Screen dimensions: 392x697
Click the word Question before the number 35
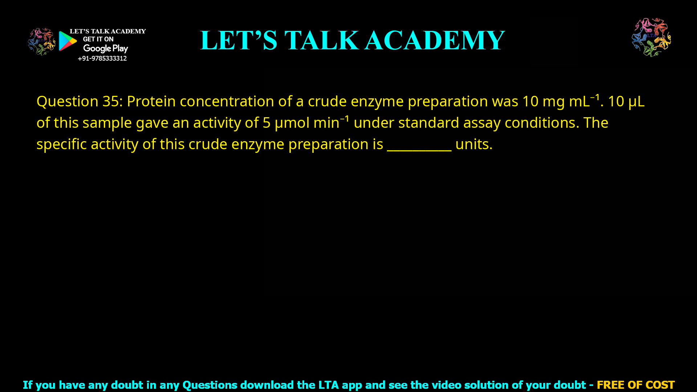[67, 101]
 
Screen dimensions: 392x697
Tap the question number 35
[111, 101]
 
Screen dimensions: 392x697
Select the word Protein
[151, 101]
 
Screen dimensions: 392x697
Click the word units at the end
[473, 144]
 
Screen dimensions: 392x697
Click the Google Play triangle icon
[68, 41]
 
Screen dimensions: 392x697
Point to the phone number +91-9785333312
[102, 58]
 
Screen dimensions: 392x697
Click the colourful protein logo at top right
[651, 37]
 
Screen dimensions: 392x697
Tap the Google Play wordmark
[106, 49]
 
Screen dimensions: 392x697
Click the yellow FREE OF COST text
[636, 385]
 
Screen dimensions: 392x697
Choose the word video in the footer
[444, 385]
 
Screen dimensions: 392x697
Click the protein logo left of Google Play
[41, 42]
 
